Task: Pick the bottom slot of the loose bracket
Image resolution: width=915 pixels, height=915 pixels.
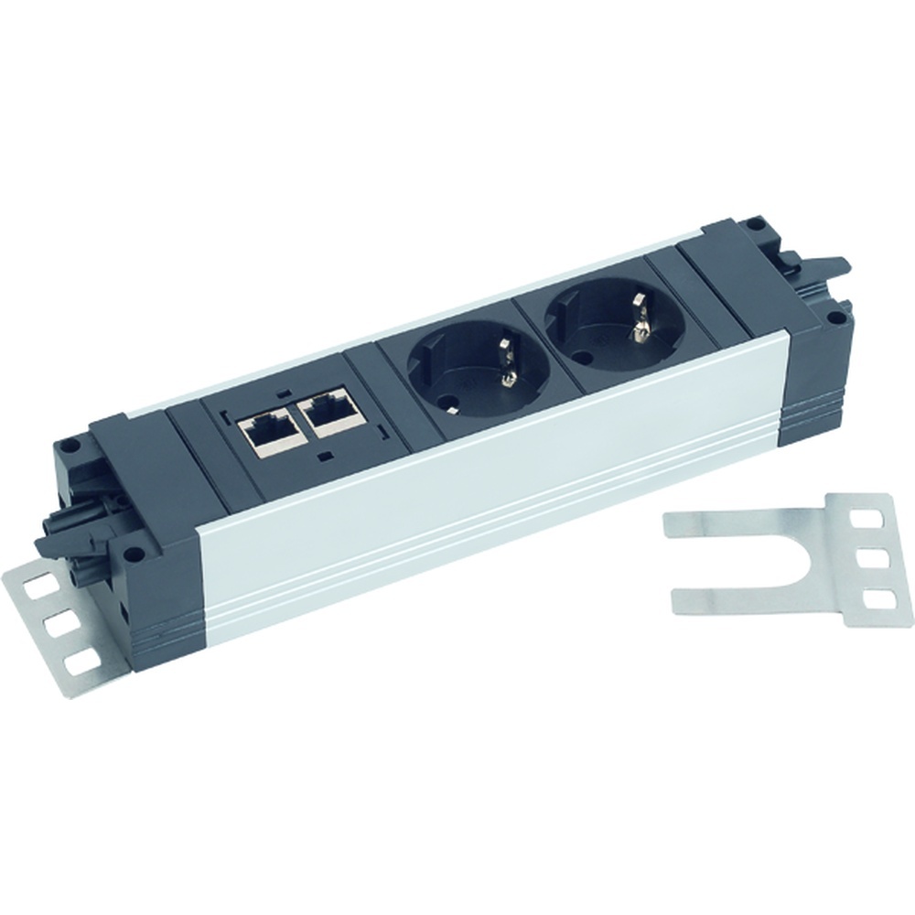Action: coord(877,599)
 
